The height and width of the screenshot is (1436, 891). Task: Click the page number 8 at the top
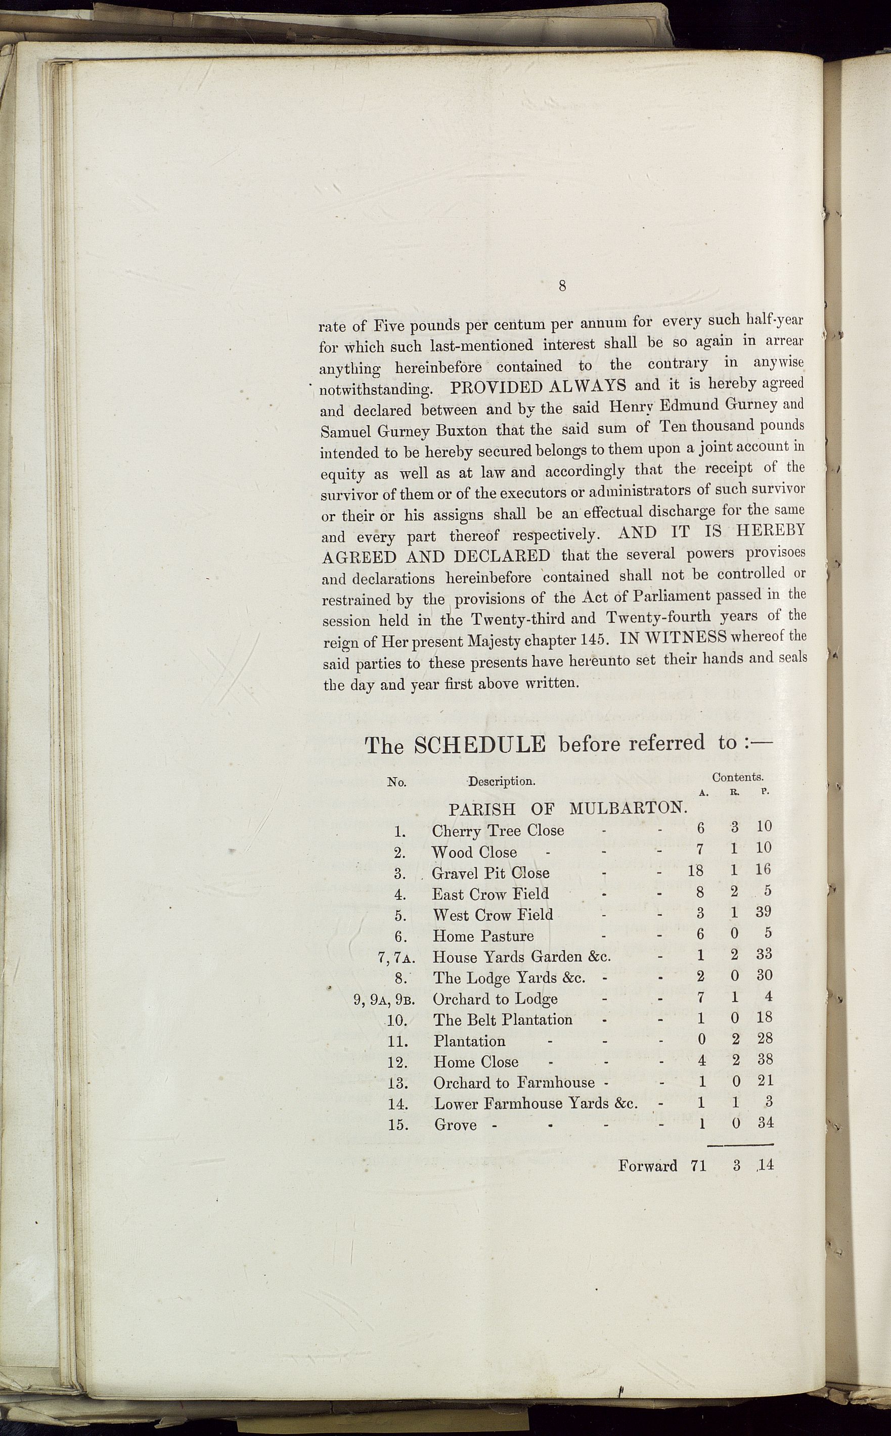pyautogui.click(x=562, y=286)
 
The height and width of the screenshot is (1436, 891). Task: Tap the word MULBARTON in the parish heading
pyautogui.click(x=629, y=808)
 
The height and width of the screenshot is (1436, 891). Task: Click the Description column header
pyautogui.click(x=502, y=781)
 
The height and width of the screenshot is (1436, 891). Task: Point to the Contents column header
pyautogui.click(x=737, y=777)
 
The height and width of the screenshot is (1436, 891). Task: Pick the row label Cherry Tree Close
pyautogui.click(x=498, y=830)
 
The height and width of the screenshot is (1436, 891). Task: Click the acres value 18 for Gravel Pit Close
pyautogui.click(x=695, y=871)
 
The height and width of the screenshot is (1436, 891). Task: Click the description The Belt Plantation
pyautogui.click(x=503, y=1020)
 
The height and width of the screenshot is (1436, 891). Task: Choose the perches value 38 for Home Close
pyautogui.click(x=765, y=1059)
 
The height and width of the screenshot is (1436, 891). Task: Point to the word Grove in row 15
pyautogui.click(x=455, y=1125)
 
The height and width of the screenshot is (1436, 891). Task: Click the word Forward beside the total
pyautogui.click(x=647, y=1165)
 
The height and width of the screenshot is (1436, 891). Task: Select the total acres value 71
pyautogui.click(x=698, y=1165)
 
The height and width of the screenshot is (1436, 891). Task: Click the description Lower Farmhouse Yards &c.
pyautogui.click(x=536, y=1103)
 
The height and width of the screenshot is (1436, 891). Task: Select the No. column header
pyautogui.click(x=396, y=782)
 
